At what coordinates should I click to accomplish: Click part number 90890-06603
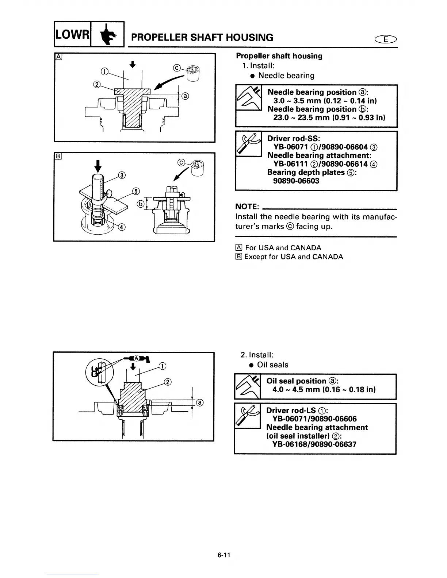click(x=296, y=181)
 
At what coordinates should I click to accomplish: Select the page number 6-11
click(x=223, y=556)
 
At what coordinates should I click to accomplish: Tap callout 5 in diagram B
click(x=135, y=191)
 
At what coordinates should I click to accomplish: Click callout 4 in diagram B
click(x=121, y=228)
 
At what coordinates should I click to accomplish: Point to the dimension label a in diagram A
click(x=185, y=96)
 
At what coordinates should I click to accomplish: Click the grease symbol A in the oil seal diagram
click(x=136, y=358)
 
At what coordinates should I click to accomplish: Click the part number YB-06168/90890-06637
click(x=314, y=444)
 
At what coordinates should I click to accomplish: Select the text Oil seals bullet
click(x=272, y=365)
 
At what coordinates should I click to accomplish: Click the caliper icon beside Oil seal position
click(x=247, y=386)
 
